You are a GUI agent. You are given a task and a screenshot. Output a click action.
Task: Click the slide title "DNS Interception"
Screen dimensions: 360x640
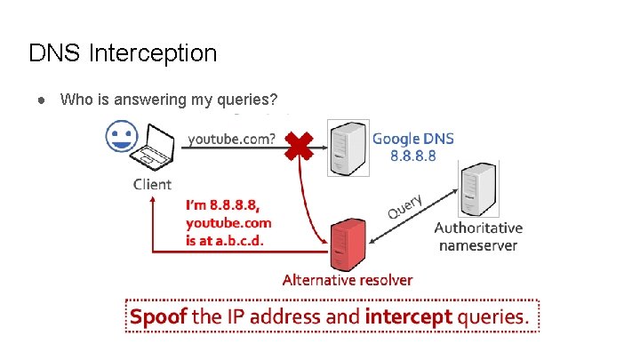pos(123,53)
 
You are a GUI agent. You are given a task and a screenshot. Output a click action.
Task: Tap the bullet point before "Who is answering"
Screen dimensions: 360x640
pos(42,100)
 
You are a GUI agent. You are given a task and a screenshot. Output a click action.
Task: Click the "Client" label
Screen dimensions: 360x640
pos(152,184)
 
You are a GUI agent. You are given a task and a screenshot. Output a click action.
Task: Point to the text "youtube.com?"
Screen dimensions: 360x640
pos(231,139)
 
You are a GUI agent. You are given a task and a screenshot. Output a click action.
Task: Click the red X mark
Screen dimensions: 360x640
pos(300,143)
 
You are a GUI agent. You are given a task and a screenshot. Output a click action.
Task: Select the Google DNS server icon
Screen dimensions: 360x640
pos(348,148)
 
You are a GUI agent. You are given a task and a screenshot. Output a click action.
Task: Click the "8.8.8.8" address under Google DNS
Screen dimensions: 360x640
pos(413,156)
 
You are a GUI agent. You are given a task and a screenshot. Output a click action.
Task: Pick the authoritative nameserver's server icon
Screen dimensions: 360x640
pos(476,189)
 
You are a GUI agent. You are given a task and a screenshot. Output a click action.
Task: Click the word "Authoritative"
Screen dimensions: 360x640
pos(478,228)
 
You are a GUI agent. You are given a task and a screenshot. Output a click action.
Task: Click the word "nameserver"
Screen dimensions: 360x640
pos(478,244)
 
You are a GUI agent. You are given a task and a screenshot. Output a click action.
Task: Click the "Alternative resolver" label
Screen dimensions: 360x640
pos(347,280)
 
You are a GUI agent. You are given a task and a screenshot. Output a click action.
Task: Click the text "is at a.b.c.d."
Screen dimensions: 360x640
pos(225,239)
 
